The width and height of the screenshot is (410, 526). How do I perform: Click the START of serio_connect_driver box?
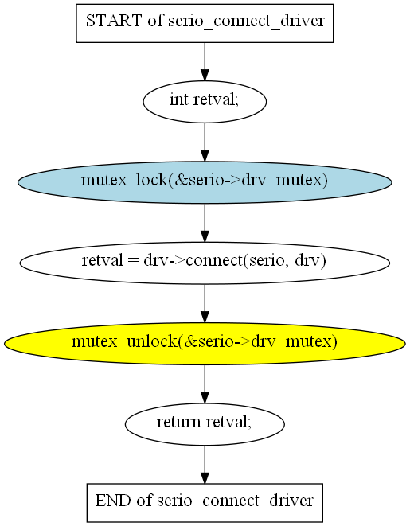point(205,23)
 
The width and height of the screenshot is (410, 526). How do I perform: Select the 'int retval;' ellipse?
point(205,102)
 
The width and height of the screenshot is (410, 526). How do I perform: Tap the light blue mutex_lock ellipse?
point(205,182)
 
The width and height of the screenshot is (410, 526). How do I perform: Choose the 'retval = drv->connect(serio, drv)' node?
point(205,263)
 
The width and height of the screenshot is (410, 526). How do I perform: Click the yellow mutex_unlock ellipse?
point(205,344)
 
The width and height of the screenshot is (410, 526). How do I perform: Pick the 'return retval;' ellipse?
point(205,424)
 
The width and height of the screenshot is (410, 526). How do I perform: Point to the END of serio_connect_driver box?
point(205,502)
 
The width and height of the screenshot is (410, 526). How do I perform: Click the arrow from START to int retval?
point(205,62)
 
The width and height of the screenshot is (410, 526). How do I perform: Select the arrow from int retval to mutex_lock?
point(205,142)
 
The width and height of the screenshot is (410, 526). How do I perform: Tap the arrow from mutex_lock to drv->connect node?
point(205,223)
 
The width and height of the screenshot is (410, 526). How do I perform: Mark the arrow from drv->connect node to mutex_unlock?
point(205,304)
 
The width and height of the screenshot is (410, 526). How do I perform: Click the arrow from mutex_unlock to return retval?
point(205,384)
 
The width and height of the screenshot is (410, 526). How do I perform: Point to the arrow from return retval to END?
point(205,465)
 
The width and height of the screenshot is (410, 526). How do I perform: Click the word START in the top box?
point(114,21)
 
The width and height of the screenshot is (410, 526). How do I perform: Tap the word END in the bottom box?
point(113,501)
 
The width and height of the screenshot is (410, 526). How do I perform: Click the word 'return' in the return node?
point(179,422)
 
